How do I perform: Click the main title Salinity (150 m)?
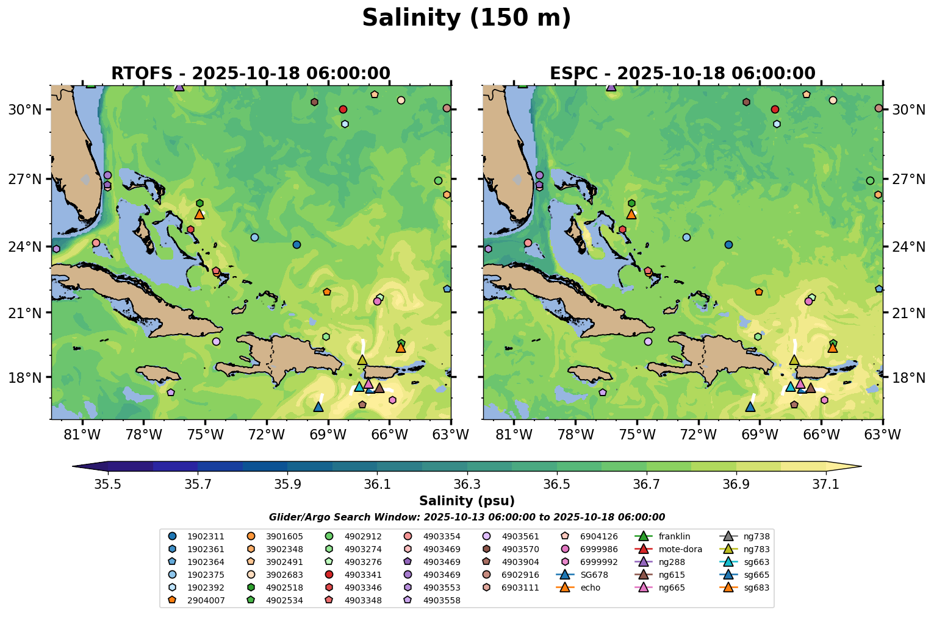(467, 18)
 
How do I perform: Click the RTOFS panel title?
(250, 74)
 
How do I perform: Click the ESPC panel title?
(682, 74)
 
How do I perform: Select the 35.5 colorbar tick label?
(108, 485)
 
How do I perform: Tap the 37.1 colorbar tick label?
(826, 485)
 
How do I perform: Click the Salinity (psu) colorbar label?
(467, 501)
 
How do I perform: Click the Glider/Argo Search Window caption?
(467, 517)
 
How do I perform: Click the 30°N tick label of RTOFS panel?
(25, 110)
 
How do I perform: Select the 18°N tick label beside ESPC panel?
(908, 377)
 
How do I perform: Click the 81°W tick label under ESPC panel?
(514, 435)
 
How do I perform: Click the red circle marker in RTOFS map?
(343, 110)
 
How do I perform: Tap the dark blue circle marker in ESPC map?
(728, 244)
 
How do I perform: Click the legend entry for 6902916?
(520, 575)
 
